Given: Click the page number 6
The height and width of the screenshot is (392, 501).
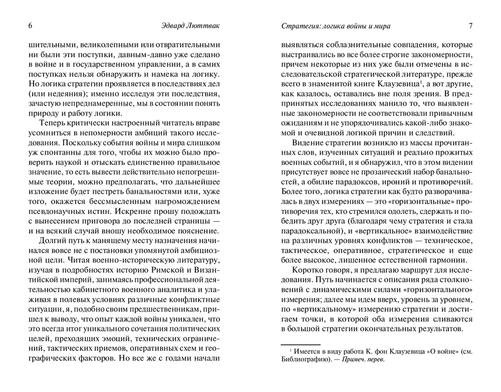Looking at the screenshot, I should tap(31, 26).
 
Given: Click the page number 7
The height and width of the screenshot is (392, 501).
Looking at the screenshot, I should tap(470, 26).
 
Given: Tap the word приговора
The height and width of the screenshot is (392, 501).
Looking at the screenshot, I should tap(113, 215).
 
